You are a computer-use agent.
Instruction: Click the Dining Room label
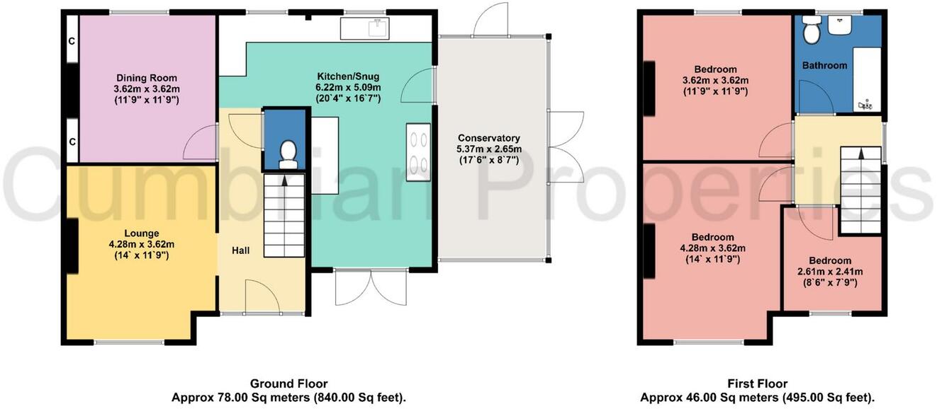click(146, 78)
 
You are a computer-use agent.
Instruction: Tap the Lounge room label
click(142, 234)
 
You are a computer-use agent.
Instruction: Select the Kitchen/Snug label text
click(348, 76)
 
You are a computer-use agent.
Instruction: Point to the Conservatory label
click(489, 138)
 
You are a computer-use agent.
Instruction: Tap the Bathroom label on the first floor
click(824, 65)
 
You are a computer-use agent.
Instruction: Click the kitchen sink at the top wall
click(365, 29)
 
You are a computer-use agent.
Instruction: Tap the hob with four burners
click(418, 151)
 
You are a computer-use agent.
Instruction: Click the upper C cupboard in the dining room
click(72, 40)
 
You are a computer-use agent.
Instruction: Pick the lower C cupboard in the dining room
click(72, 141)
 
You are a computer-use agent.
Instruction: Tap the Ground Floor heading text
click(288, 384)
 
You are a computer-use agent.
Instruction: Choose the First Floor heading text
click(758, 384)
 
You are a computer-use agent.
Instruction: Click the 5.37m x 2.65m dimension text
click(489, 149)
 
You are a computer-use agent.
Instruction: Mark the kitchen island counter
click(325, 156)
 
